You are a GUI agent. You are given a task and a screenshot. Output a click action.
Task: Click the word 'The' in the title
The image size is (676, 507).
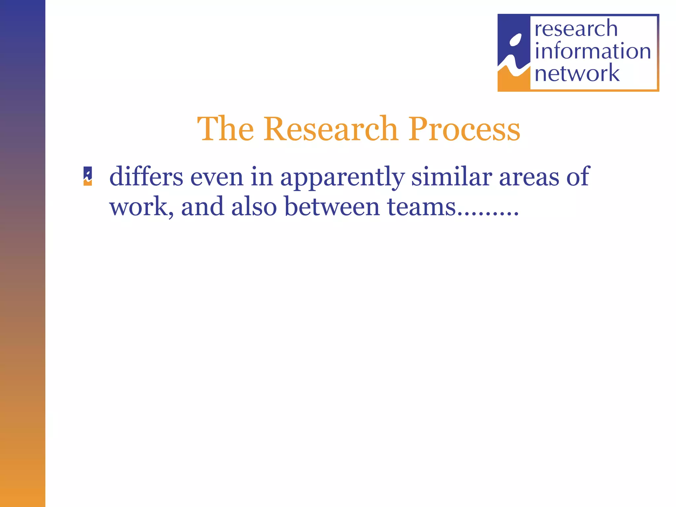point(225,129)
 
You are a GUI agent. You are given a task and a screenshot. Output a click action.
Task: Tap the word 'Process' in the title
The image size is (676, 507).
point(464,130)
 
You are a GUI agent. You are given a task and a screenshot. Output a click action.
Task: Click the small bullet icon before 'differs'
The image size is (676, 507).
point(87,176)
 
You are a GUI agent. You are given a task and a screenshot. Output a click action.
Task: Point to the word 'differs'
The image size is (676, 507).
point(146,177)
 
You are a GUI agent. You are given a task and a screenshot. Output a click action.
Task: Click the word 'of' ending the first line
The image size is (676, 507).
point(578,177)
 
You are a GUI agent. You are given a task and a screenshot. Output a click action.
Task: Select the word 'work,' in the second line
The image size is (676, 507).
point(142,207)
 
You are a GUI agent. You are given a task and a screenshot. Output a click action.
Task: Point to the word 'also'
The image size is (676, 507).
point(254,207)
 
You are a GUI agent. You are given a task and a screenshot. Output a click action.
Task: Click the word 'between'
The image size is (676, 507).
point(332,207)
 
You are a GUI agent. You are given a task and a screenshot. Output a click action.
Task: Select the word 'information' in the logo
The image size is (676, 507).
point(592,51)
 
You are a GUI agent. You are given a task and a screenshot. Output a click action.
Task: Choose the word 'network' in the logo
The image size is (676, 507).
point(577,73)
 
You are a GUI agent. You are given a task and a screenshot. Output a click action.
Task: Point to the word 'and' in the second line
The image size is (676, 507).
point(202,207)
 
